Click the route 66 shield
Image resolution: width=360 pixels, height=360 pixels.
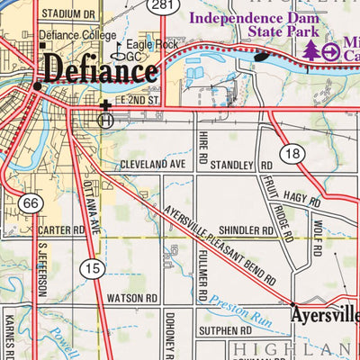[30, 205]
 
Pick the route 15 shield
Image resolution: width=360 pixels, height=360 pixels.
[90, 267]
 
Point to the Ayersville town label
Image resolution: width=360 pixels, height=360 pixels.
[324, 317]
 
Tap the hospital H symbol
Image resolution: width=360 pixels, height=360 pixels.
[106, 119]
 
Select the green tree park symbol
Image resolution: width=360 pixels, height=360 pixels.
[310, 51]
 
